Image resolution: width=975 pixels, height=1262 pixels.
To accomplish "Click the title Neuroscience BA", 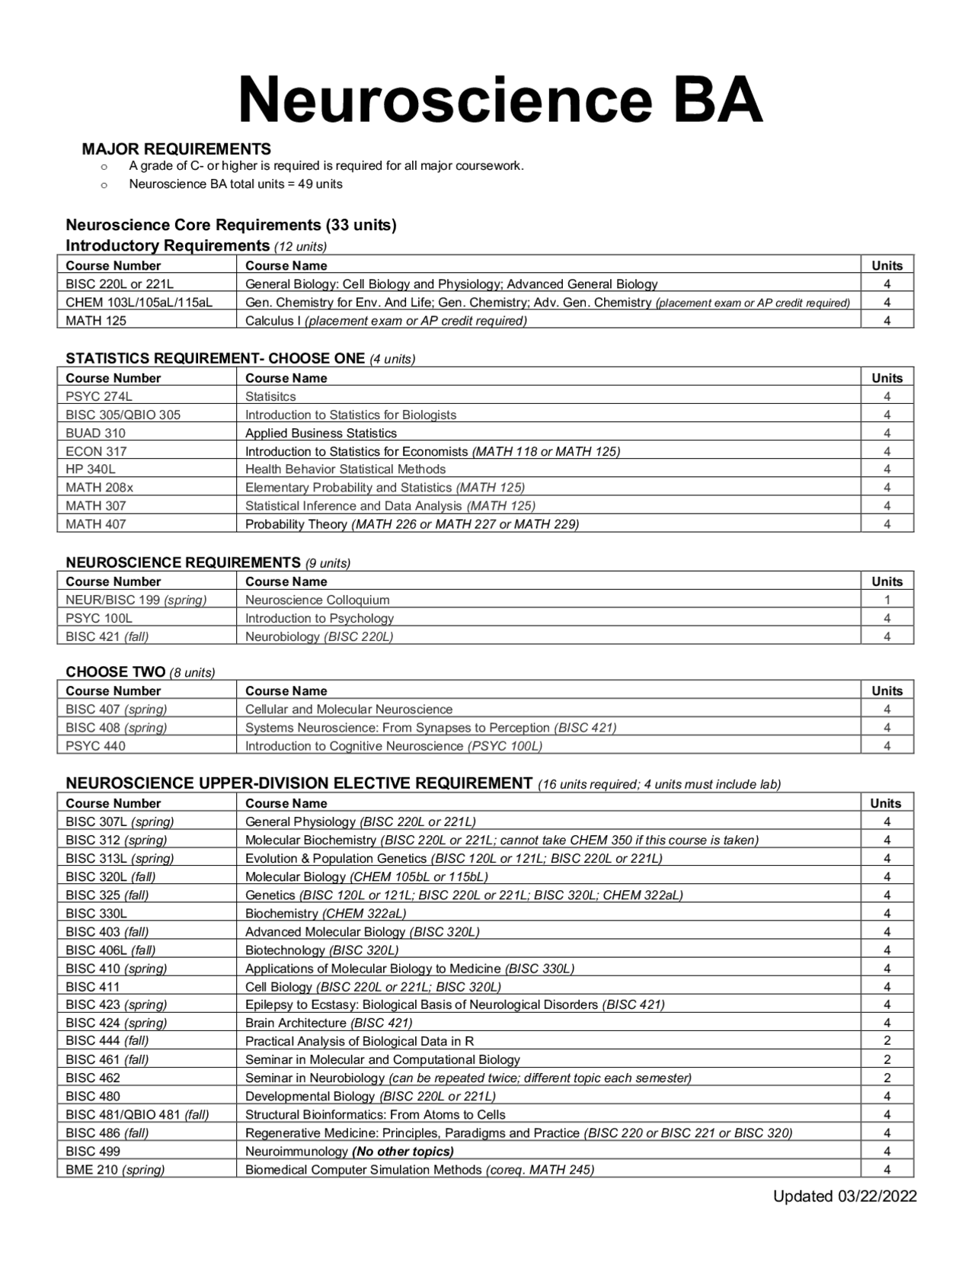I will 500,101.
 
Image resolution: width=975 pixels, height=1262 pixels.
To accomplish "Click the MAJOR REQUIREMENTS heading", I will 176,149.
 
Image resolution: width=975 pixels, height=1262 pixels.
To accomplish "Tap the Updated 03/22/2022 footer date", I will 845,1196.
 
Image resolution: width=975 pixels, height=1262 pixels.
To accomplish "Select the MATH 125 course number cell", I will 96,321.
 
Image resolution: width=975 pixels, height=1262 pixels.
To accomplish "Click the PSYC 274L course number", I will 99,396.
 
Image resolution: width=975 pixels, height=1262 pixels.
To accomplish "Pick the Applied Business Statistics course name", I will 321,433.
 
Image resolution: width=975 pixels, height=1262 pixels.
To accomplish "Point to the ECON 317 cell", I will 96,451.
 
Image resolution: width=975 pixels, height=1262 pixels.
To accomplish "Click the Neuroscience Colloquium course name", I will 317,600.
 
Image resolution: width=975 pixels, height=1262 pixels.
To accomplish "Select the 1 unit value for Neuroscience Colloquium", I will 887,600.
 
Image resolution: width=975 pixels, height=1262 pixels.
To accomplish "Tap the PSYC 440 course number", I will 95,746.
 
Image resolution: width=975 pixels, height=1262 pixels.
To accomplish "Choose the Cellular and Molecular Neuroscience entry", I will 348,709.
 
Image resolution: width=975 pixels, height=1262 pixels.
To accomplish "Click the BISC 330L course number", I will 96,913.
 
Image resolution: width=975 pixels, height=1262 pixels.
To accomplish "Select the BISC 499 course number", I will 93,1151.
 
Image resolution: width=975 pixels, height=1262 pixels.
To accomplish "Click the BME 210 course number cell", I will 115,1170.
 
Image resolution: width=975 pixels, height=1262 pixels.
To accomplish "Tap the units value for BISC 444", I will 887,1041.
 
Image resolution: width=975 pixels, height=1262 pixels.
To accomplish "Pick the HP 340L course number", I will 91,469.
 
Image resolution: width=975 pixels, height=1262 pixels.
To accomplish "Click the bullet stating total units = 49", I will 235,184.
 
